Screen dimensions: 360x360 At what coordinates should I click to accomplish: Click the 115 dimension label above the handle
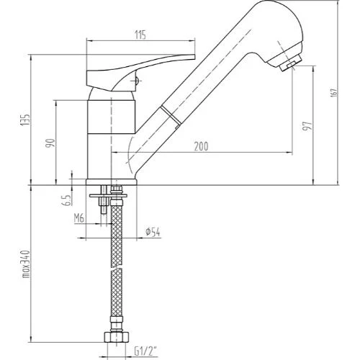point(140,35)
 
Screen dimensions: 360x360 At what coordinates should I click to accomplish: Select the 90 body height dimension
point(50,143)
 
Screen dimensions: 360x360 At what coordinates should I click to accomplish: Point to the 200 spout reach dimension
point(201,146)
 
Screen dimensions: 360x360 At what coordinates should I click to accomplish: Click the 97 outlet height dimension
point(307,126)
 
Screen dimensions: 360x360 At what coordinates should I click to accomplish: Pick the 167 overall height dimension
point(334,93)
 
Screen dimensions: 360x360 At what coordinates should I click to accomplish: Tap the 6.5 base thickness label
point(67,200)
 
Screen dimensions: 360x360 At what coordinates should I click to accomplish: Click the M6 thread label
point(79,218)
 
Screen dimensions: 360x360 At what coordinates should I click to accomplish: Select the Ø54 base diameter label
point(153,232)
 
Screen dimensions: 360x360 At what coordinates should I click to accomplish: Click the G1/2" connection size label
point(145,352)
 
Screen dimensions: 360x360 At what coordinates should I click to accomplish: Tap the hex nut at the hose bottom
point(117,337)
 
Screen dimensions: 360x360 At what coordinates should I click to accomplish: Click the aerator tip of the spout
point(291,64)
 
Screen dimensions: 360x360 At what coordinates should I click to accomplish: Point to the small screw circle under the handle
point(136,81)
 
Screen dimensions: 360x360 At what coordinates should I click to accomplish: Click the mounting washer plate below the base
point(107,196)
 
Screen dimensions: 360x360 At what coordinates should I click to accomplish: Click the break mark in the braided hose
point(117,269)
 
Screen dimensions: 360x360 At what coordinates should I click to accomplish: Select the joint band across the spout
point(171,115)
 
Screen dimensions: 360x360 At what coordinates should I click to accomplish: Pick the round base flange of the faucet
point(112,182)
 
